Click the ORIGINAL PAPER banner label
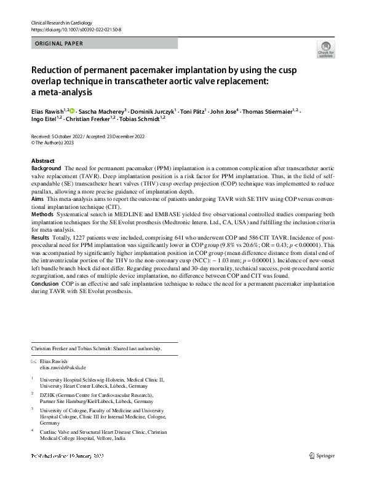pyautogui.click(x=58, y=44)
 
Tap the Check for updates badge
pyautogui.click(x=325, y=49)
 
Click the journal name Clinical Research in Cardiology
pyautogui.click(x=60, y=22)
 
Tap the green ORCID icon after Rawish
pyautogui.click(x=73, y=111)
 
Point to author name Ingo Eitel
pyautogui.click(x=43, y=119)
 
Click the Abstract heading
pyautogui.click(x=42, y=161)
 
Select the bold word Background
pyautogui.click(x=46, y=168)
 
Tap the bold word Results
pyautogui.click(x=41, y=237)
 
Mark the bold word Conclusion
pyautogui.click(x=45, y=284)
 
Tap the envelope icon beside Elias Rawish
pyautogui.click(x=33, y=361)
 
